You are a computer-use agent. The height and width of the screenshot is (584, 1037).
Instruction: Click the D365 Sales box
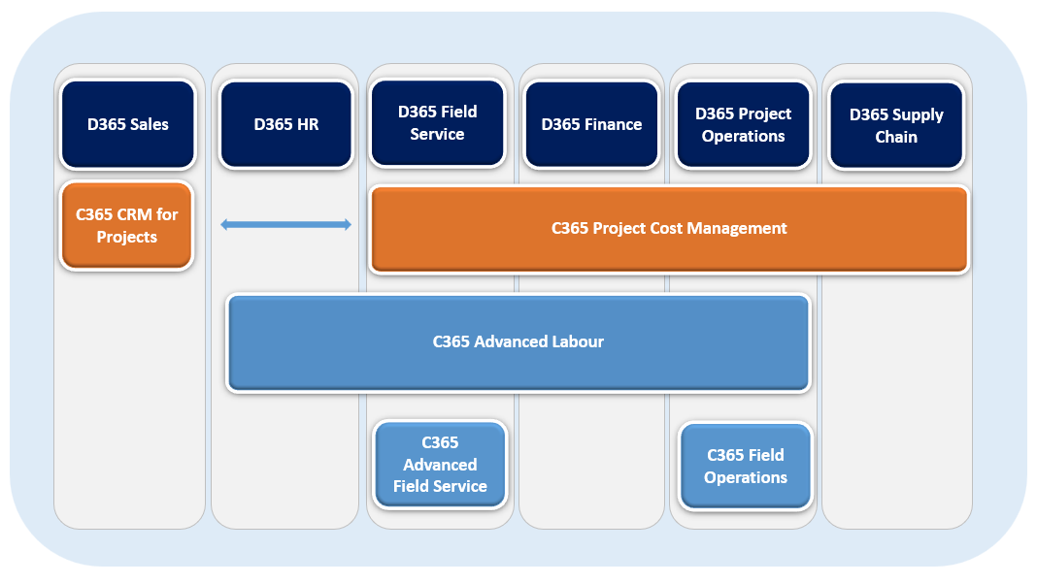click(x=127, y=124)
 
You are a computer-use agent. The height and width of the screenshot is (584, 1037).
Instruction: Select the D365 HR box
click(x=285, y=124)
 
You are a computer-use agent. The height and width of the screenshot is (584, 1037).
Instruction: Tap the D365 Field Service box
click(x=437, y=123)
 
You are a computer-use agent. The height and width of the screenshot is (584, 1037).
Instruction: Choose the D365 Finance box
click(x=591, y=124)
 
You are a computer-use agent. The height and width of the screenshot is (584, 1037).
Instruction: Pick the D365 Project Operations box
click(x=743, y=124)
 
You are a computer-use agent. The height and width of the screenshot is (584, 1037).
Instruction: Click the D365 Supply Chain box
click(x=896, y=125)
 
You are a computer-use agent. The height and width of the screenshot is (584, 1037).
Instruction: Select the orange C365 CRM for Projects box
click(x=126, y=225)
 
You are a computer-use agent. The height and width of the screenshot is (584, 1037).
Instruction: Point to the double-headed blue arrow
click(x=285, y=225)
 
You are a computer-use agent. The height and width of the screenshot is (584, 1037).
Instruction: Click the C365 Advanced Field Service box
click(x=440, y=464)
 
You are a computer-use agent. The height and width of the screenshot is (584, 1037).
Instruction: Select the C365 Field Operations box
click(x=745, y=466)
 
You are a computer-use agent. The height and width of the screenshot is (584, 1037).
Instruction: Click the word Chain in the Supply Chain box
click(x=896, y=137)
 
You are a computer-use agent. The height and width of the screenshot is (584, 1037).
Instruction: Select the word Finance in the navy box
click(x=613, y=124)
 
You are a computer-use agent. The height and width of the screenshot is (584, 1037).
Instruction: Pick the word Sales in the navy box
click(x=149, y=124)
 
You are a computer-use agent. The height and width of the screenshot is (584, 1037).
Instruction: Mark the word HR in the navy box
click(x=306, y=124)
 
